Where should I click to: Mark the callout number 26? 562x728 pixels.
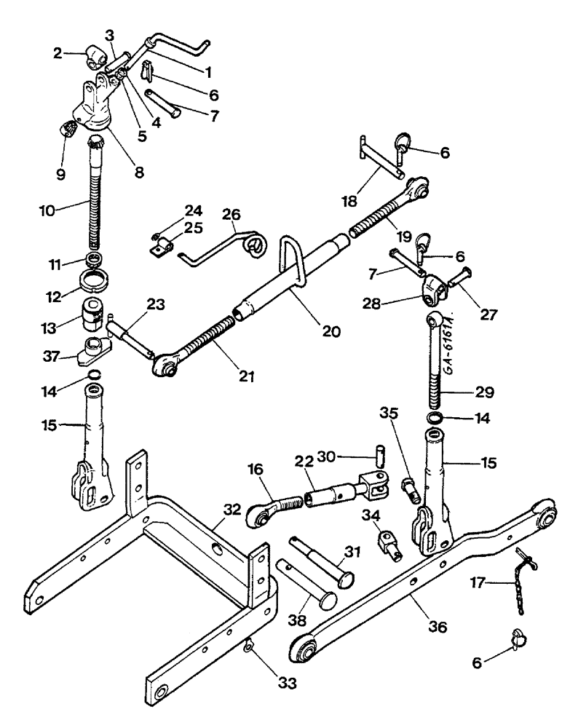click(x=231, y=217)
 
